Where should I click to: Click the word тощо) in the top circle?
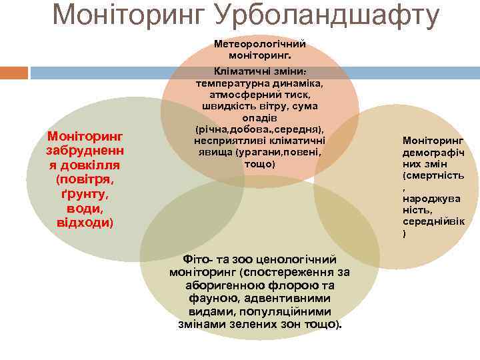point(259,163)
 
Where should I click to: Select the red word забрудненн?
point(84,151)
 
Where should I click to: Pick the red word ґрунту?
point(84,194)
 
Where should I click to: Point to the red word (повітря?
point(84,179)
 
